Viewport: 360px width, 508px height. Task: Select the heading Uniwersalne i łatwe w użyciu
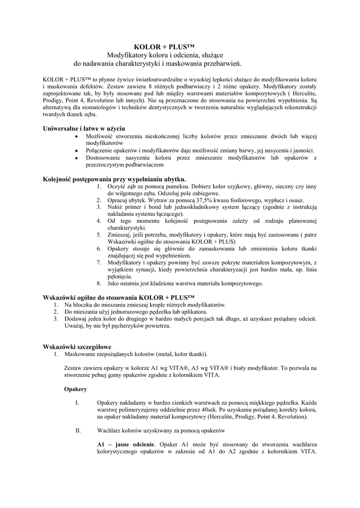(84, 127)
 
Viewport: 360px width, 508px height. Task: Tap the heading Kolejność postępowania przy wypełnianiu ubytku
(114, 179)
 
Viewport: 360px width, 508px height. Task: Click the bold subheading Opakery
(75, 389)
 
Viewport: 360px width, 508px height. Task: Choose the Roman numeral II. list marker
(77, 431)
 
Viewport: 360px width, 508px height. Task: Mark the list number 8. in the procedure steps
(99, 283)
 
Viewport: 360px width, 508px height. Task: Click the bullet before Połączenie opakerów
(76, 150)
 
